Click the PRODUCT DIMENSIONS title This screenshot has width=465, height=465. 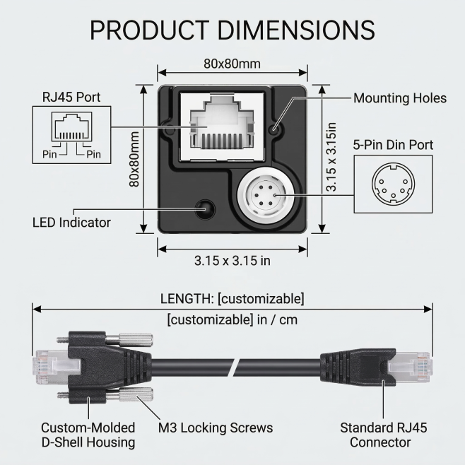point(232,30)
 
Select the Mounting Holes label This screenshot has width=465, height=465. point(399,98)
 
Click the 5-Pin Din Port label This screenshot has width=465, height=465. point(393,146)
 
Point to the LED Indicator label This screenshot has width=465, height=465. point(72,222)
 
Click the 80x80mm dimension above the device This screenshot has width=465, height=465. point(232,64)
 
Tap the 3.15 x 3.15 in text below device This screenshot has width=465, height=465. point(232,260)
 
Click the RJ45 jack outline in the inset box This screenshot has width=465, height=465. point(69,131)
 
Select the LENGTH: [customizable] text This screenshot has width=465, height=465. point(232,298)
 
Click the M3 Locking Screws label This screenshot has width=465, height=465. point(215,428)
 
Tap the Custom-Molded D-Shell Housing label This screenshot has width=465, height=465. point(88,435)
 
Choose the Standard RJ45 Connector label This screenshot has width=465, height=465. point(384,435)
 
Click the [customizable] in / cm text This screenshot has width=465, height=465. point(232,319)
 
